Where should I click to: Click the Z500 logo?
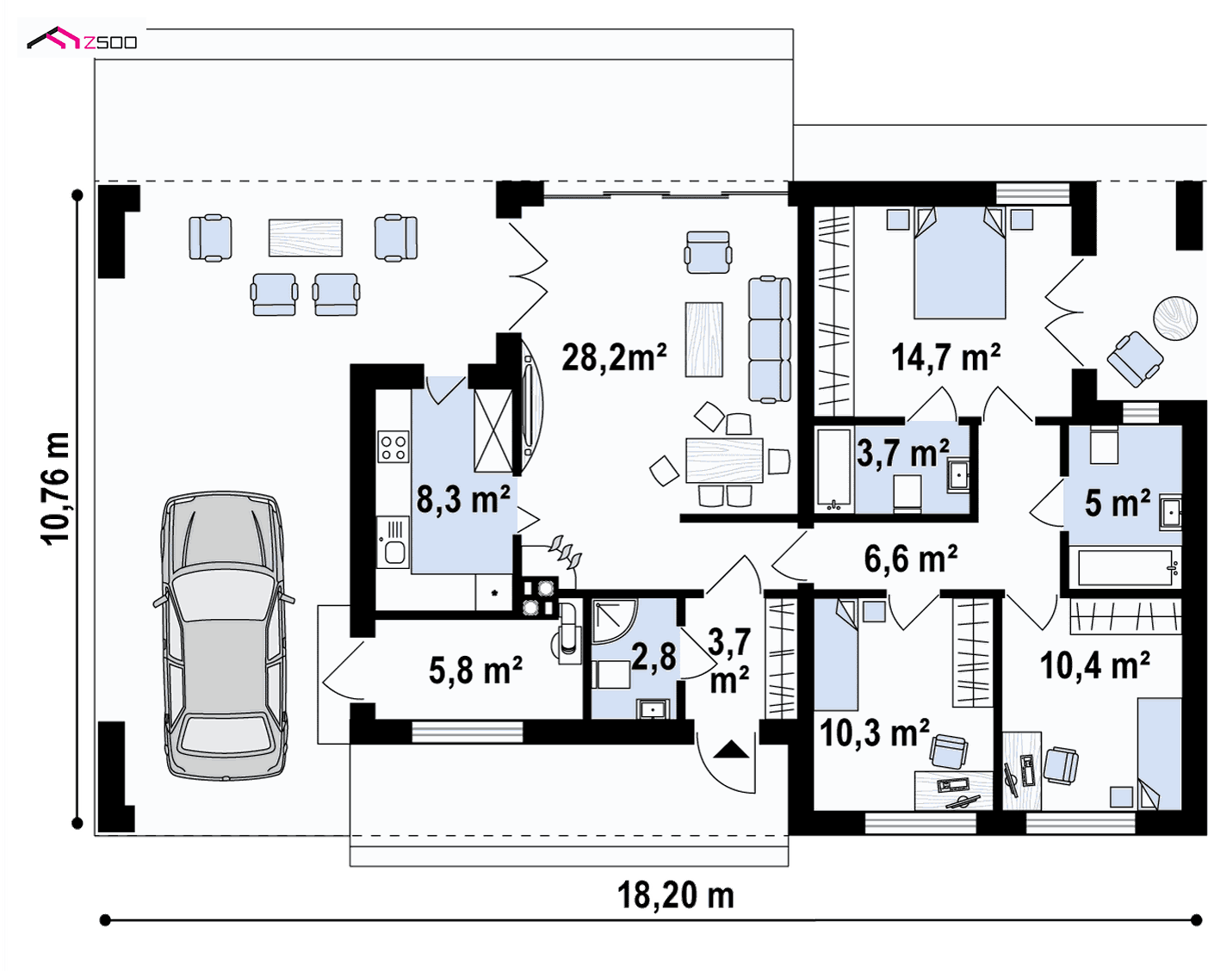click(82, 39)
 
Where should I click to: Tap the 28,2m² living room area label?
click(614, 357)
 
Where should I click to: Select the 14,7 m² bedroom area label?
click(946, 357)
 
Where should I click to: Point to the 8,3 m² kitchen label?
click(463, 498)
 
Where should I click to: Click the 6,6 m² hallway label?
click(910, 559)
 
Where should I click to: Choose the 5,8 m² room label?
click(475, 671)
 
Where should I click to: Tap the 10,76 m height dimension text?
click(56, 488)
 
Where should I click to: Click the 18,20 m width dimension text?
click(676, 894)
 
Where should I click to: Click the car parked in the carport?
click(224, 635)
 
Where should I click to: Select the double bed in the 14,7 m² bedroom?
click(959, 263)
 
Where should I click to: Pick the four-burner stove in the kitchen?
click(393, 447)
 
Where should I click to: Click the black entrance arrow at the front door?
click(731, 749)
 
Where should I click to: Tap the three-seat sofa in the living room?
click(770, 339)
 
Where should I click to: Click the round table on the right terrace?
click(1175, 319)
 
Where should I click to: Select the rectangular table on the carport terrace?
click(306, 238)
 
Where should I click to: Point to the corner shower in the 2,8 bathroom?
click(615, 622)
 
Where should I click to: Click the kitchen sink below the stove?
click(393, 543)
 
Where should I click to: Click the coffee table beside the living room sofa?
click(704, 339)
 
